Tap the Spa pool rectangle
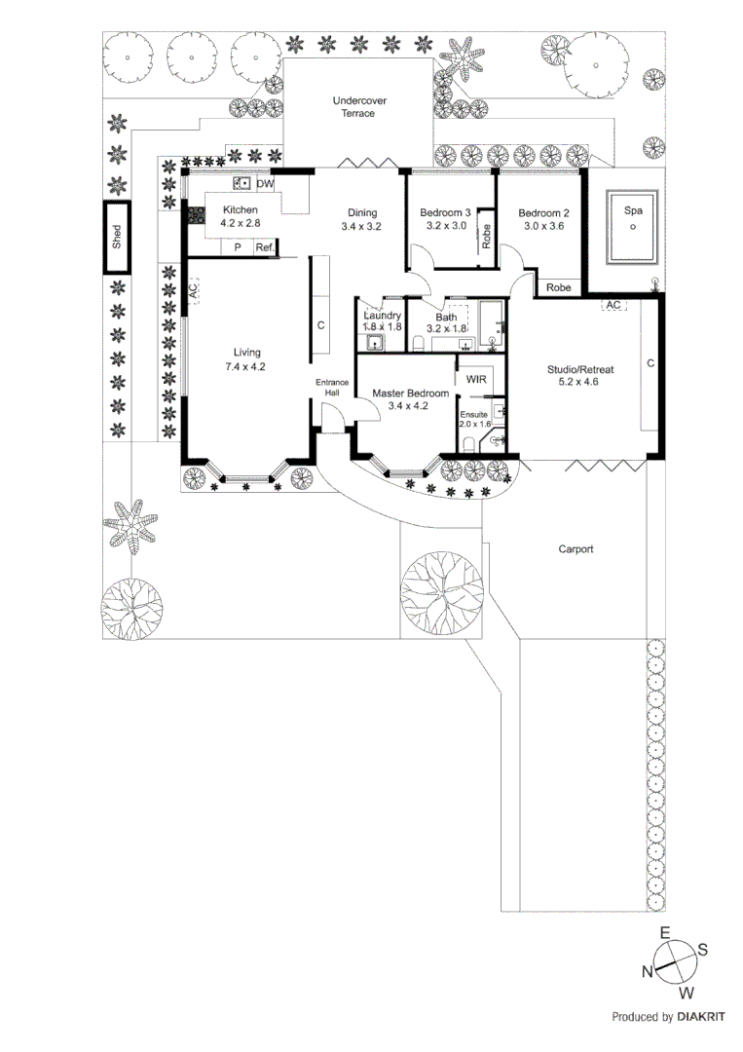click(x=633, y=226)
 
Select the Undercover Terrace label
click(x=353, y=106)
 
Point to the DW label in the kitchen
click(x=266, y=183)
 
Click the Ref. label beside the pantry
click(x=264, y=248)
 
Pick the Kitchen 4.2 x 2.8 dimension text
click(x=241, y=223)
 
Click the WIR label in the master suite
click(x=476, y=379)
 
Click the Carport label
click(x=576, y=549)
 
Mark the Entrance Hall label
click(x=331, y=387)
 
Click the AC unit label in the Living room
click(x=193, y=290)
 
